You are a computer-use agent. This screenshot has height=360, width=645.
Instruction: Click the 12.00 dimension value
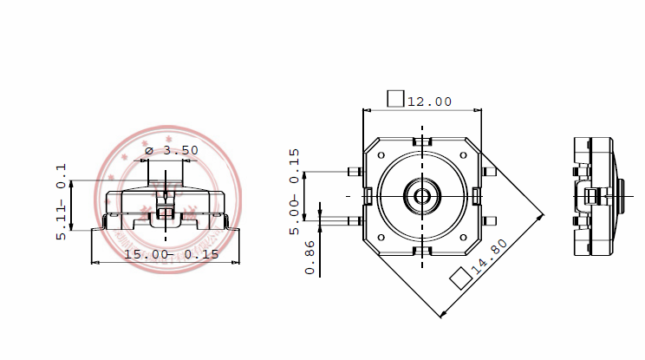pyautogui.click(x=429, y=101)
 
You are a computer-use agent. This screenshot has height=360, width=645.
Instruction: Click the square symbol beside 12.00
pyautogui.click(x=395, y=98)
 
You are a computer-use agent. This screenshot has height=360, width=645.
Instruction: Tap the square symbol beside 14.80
pyautogui.click(x=459, y=278)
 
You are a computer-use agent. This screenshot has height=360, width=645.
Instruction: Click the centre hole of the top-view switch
pyautogui.click(x=422, y=195)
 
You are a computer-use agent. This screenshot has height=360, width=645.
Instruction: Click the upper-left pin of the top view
pyautogui.click(x=353, y=171)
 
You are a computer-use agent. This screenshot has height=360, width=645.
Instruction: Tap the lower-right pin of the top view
pyautogui.click(x=490, y=220)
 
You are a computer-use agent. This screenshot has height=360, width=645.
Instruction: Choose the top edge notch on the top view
pyautogui.click(x=422, y=141)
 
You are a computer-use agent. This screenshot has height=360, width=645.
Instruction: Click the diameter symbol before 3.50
pyautogui.click(x=148, y=150)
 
